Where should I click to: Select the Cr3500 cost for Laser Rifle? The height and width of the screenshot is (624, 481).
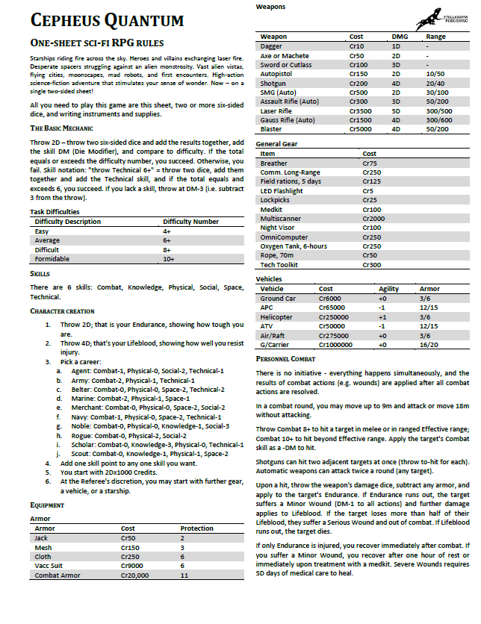362,110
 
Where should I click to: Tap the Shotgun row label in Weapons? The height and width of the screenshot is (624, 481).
273,83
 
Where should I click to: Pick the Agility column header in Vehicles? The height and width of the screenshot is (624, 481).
389,289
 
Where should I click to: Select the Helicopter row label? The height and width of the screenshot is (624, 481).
276,316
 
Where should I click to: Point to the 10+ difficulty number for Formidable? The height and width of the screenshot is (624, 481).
168,258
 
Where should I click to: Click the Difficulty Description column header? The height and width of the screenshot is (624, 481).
73,222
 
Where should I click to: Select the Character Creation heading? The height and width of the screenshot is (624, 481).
63,311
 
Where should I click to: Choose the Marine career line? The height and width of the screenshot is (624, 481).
117,399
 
